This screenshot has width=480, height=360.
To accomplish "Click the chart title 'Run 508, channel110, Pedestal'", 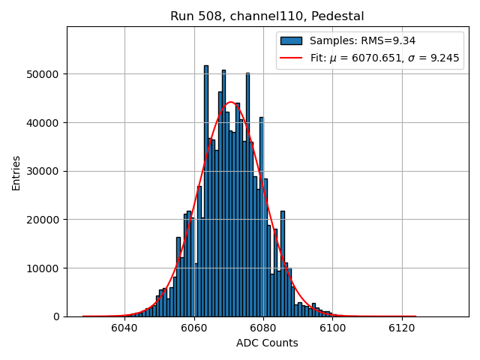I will pyautogui.click(x=267, y=16).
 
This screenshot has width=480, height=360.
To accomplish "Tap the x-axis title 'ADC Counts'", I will pyautogui.click(x=267, y=343).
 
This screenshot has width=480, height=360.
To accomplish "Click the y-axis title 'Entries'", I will pyautogui.click(x=16, y=172).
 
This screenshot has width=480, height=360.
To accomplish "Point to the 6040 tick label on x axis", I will pyautogui.click(x=124, y=328).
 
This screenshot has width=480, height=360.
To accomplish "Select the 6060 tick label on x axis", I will pyautogui.click(x=193, y=328).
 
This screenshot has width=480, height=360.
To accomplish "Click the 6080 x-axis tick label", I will pyautogui.click(x=263, y=328).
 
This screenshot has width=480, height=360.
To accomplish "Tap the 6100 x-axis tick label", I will pyautogui.click(x=332, y=328).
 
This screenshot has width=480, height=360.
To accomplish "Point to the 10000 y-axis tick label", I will pyautogui.click(x=46, y=268).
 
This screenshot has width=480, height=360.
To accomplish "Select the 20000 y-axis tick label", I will pyautogui.click(x=46, y=220).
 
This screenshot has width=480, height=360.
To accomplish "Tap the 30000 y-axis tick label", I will pyautogui.click(x=46, y=171).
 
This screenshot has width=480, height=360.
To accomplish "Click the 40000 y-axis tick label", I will pyautogui.click(x=46, y=123).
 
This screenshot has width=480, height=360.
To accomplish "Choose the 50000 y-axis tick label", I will pyautogui.click(x=46, y=74).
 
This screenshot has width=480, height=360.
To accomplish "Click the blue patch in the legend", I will pyautogui.click(x=292, y=40).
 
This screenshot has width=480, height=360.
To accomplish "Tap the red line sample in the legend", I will pyautogui.click(x=292, y=58).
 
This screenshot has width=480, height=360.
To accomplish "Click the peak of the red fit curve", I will pyautogui.click(x=231, y=102).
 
